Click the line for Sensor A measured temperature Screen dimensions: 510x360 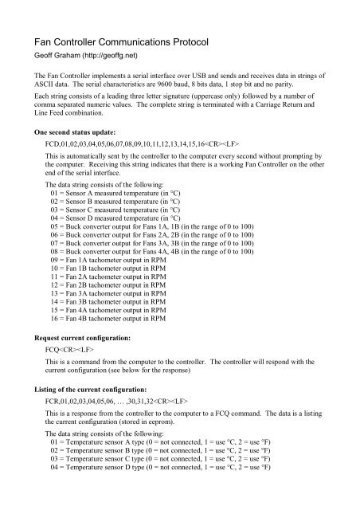(x=127, y=194)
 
